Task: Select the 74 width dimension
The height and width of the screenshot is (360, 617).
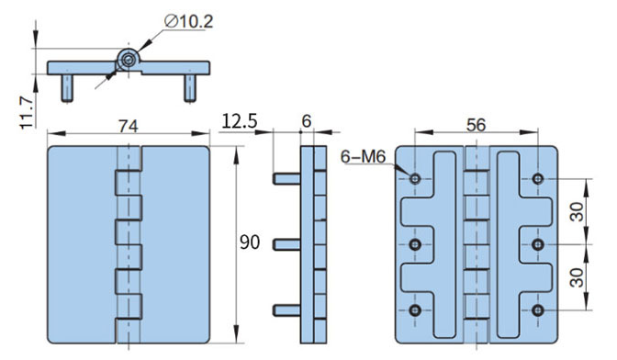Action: [129, 126]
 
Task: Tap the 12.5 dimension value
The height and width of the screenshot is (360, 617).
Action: [239, 120]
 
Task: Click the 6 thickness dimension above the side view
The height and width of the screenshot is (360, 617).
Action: [306, 120]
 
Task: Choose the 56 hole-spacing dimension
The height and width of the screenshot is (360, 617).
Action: [476, 126]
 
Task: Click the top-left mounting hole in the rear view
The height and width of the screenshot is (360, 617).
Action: [415, 177]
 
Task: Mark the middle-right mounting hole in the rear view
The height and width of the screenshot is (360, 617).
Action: [538, 244]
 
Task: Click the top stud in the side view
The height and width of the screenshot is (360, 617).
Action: [286, 177]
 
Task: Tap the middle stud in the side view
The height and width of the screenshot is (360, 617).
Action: [286, 244]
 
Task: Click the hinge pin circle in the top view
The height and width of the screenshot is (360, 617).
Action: [126, 61]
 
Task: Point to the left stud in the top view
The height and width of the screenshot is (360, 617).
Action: [67, 86]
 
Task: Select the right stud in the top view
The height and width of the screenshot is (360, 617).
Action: [190, 86]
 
